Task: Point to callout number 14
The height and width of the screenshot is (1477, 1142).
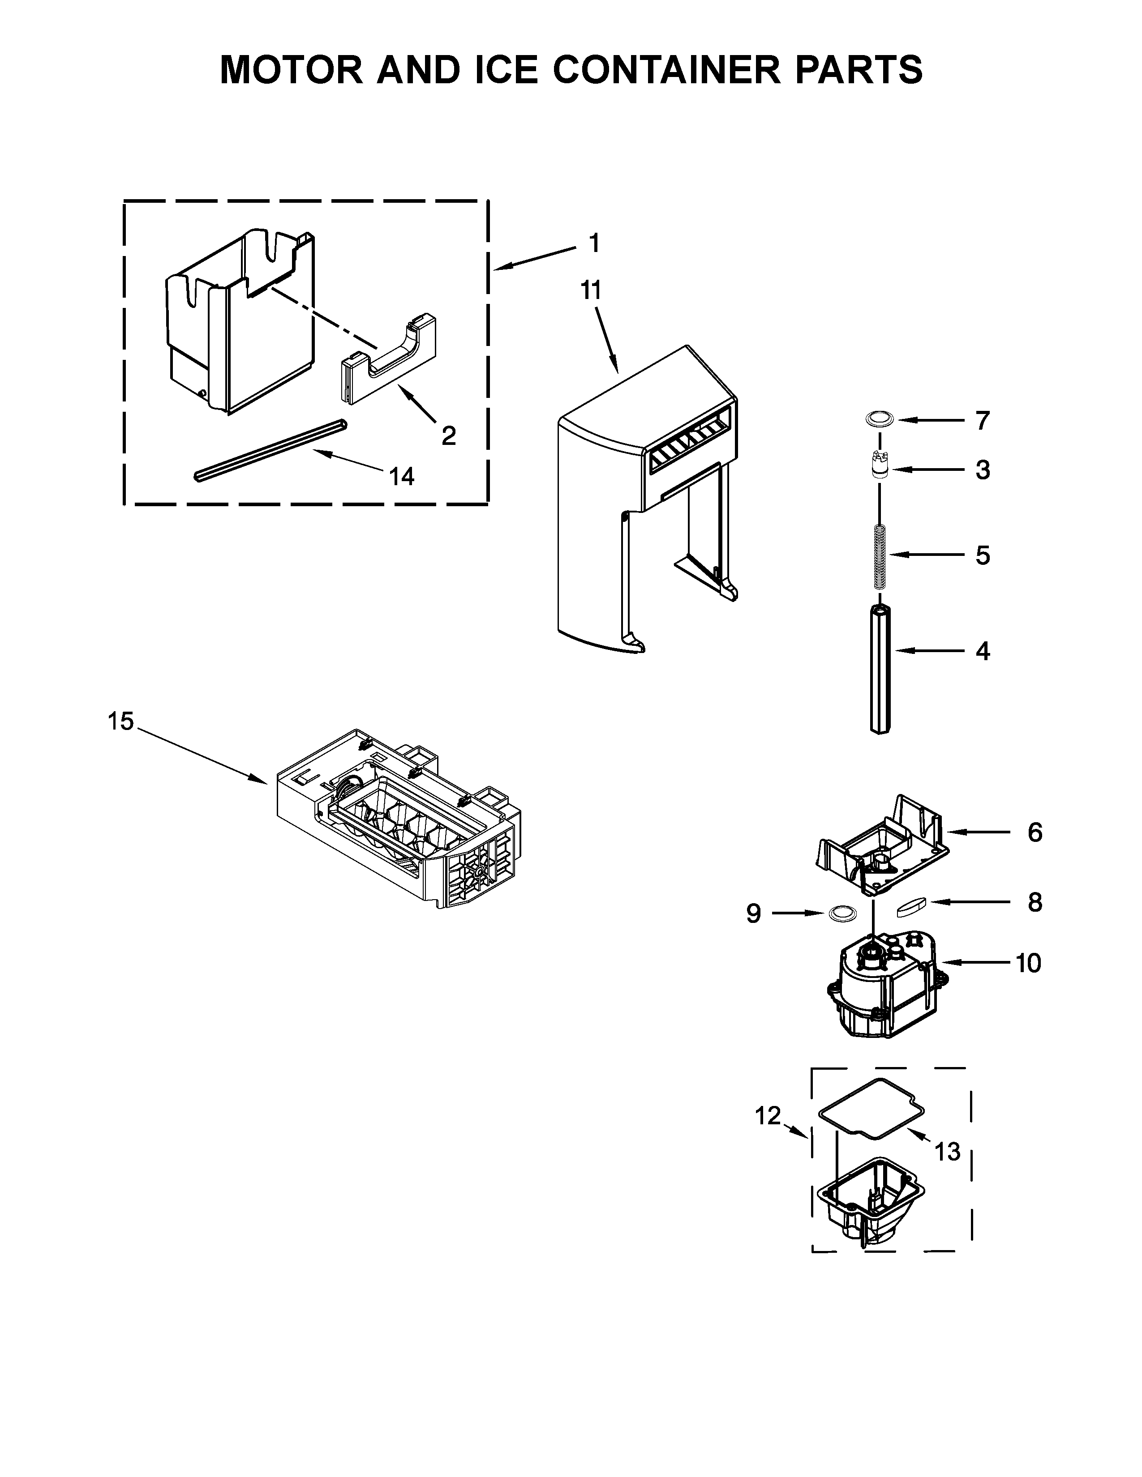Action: pos(401,477)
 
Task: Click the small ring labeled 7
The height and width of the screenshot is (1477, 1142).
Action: pos(879,420)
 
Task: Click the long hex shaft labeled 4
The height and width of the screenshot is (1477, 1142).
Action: pos(880,670)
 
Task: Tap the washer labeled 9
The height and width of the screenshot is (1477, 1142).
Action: pos(840,914)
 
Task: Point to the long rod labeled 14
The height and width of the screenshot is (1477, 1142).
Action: pos(270,450)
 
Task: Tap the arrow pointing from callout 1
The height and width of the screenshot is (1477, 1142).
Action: pos(534,259)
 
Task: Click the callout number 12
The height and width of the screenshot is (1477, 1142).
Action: pos(768,1116)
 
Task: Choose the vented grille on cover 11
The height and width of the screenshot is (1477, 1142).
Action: pos(690,443)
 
